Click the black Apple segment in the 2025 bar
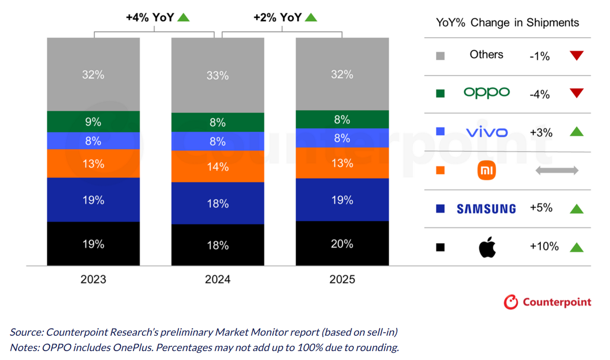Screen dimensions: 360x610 [342, 244]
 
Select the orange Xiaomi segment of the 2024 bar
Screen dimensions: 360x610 [218, 166]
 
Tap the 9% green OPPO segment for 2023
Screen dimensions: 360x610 [93, 122]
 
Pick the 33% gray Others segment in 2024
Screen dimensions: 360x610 [218, 75]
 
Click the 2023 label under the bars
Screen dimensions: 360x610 [93, 279]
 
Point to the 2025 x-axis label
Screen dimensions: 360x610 [342, 279]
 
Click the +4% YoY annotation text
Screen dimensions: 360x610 [150, 18]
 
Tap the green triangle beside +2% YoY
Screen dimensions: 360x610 [311, 18]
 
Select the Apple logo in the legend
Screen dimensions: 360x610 [487, 247]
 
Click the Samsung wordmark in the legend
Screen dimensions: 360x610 [486, 209]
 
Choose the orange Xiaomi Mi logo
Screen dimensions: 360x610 [487, 171]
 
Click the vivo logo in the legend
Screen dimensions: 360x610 [487, 132]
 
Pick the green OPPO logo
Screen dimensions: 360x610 [487, 93]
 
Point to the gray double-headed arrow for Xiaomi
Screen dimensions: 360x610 [557, 170]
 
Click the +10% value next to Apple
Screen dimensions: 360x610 [544, 247]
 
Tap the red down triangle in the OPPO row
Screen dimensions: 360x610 [577, 93]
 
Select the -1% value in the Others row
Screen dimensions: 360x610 [539, 56]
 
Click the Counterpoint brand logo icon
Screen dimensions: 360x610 [511, 302]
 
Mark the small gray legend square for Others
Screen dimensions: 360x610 [440, 56]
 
